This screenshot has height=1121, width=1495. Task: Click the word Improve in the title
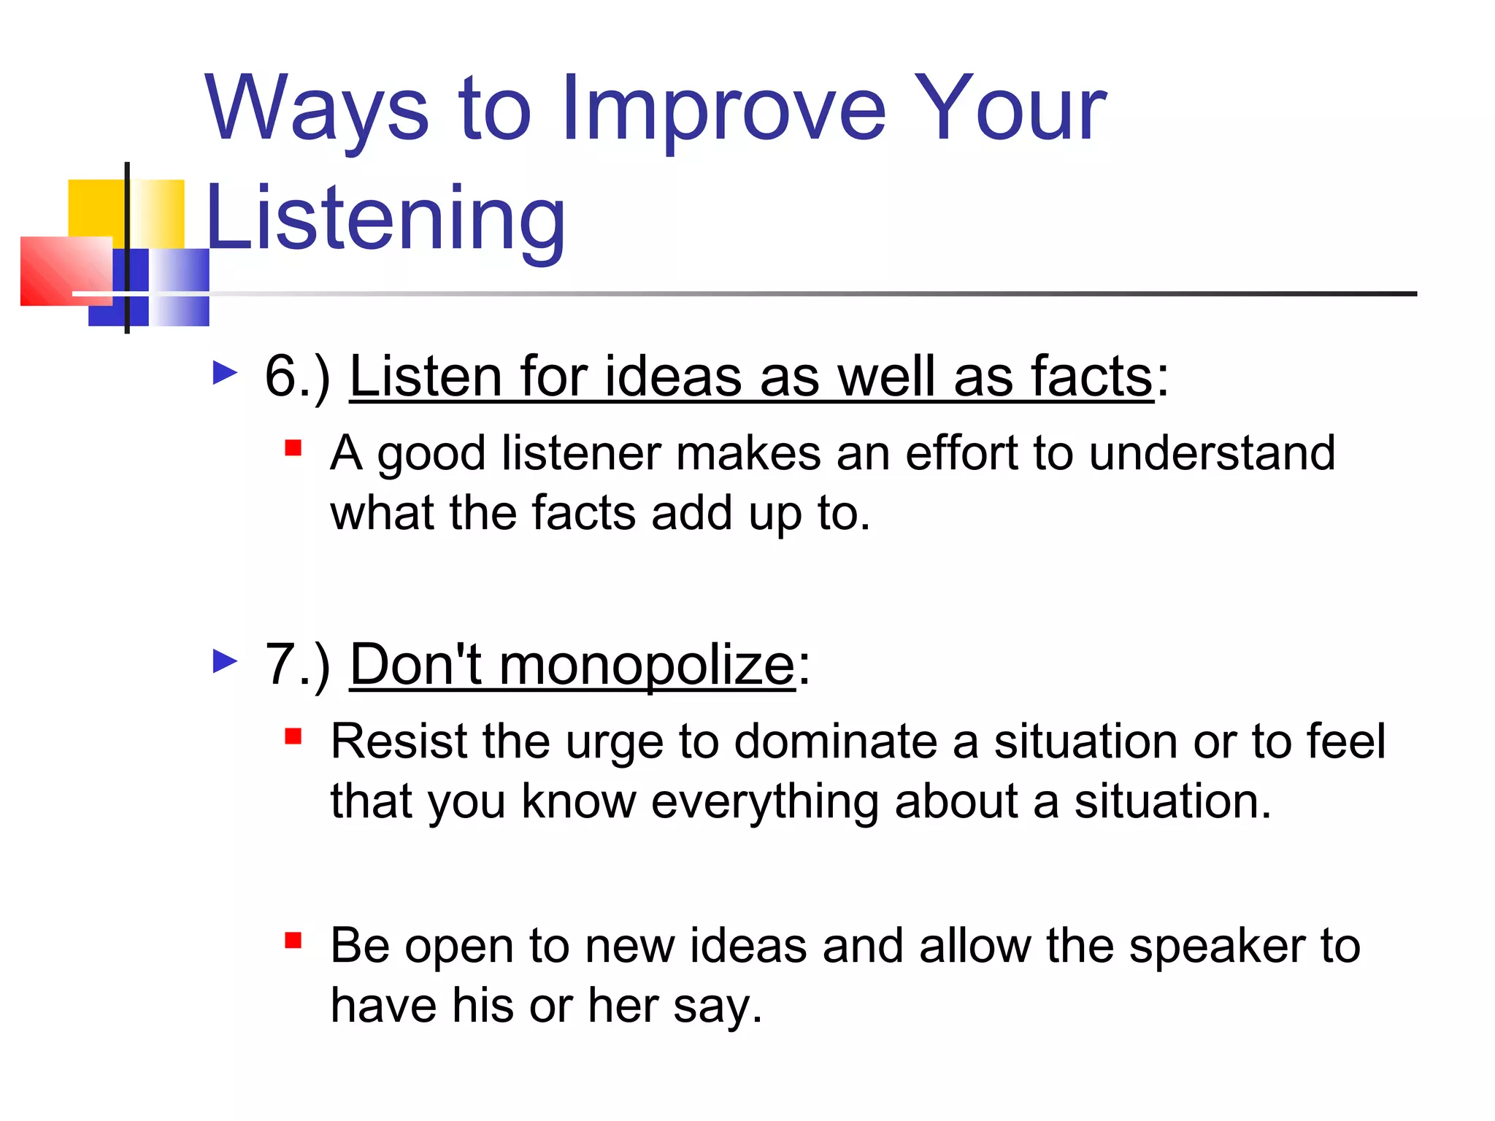tap(723, 109)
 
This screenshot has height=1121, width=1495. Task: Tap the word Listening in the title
tap(385, 219)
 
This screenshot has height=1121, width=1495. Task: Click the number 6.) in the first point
tap(297, 377)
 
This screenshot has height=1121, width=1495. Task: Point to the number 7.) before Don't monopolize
tap(297, 665)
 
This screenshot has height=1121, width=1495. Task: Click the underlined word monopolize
tap(646, 665)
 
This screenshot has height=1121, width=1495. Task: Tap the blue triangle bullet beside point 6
tap(225, 373)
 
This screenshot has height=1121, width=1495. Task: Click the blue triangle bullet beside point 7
tap(225, 661)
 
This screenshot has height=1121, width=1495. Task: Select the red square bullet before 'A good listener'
tap(293, 447)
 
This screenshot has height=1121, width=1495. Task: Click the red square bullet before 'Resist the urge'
tap(293, 736)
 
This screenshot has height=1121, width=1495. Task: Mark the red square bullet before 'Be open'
tap(293, 940)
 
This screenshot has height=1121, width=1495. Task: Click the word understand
tap(1212, 453)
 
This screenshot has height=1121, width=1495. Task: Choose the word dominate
tap(835, 741)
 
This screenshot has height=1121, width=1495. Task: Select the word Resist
tap(399, 741)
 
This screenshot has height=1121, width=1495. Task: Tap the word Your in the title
tap(1011, 109)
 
